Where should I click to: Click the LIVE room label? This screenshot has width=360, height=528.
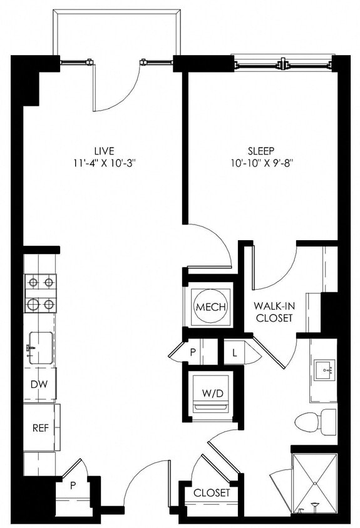(x=104, y=151)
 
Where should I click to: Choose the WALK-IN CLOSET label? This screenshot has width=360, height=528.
(x=273, y=312)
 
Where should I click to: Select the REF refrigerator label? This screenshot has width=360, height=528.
(x=40, y=429)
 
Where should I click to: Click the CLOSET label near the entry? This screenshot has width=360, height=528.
(x=211, y=493)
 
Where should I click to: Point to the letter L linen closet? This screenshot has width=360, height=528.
(x=234, y=352)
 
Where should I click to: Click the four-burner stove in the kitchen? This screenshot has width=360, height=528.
(x=41, y=293)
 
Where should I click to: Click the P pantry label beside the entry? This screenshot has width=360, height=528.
(x=73, y=484)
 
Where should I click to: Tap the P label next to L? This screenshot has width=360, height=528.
(x=193, y=352)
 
